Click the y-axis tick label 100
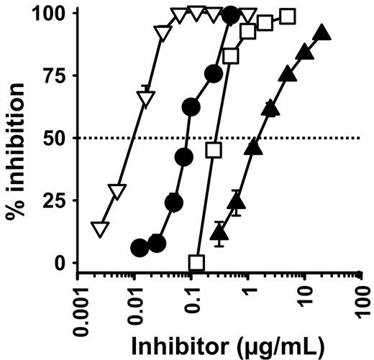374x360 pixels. click(55, 14)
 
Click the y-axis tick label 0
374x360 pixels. click(65, 263)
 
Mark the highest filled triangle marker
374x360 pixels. click(322, 32)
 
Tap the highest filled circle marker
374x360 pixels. click(230, 14)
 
